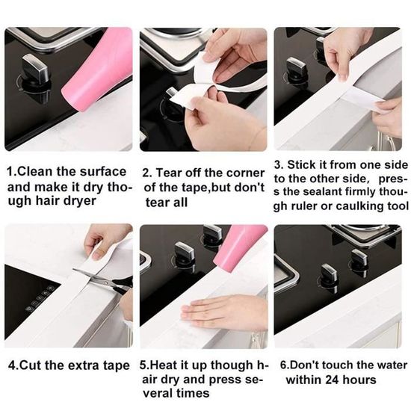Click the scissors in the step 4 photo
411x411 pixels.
[x=105, y=280]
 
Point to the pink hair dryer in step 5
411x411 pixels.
[x=240, y=251]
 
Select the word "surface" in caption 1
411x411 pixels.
[x=103, y=172]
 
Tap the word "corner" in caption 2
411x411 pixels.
[x=246, y=173]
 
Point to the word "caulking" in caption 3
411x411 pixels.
[x=360, y=205]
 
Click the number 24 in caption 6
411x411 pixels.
[x=332, y=380]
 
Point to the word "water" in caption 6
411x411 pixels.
[x=393, y=365]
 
